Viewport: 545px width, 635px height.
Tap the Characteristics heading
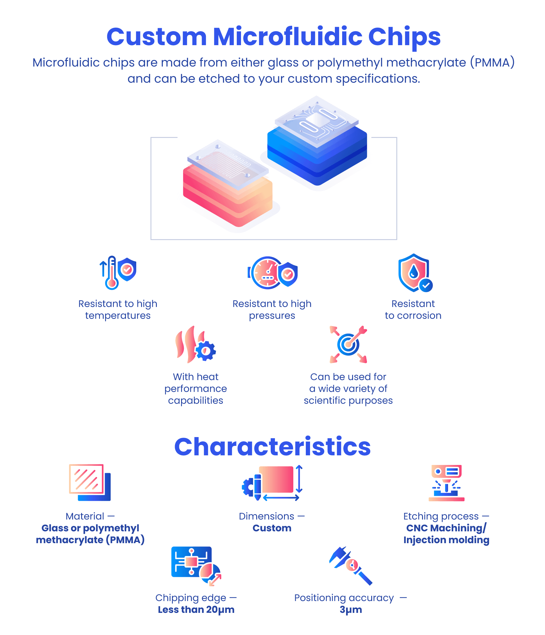(272, 447)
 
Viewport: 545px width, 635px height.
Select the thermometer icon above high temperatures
(112, 273)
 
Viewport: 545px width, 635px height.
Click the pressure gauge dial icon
(266, 273)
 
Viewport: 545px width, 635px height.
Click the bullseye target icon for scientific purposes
(348, 344)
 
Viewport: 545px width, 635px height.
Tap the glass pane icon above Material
(86, 479)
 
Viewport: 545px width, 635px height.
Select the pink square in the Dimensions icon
(276, 479)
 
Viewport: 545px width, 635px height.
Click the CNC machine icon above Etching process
(446, 483)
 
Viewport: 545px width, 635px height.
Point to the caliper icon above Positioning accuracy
(351, 565)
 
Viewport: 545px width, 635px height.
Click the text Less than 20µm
(196, 609)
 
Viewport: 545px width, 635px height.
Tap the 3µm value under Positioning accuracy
(351, 609)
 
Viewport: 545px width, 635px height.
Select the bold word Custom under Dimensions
(272, 528)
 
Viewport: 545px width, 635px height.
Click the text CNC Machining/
(446, 528)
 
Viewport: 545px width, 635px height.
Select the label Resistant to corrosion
(413, 309)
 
